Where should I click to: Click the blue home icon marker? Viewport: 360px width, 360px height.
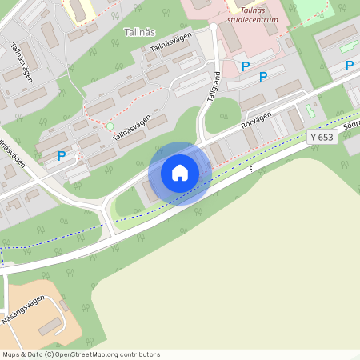click(180, 173)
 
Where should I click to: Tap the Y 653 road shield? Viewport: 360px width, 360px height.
click(322, 138)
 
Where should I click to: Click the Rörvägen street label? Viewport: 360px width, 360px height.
click(256, 122)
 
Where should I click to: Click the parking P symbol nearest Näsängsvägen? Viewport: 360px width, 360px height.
click(62, 156)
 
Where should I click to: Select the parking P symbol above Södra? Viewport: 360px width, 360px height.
click(350, 66)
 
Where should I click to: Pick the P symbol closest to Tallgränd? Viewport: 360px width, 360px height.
click(246, 66)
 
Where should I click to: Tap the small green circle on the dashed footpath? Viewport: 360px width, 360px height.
click(110, 126)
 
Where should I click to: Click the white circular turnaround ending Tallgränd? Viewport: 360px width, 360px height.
click(214, 29)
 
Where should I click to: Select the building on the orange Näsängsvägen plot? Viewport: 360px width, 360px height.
click(50, 326)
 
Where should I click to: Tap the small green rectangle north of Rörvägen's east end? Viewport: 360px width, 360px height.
click(310, 110)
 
